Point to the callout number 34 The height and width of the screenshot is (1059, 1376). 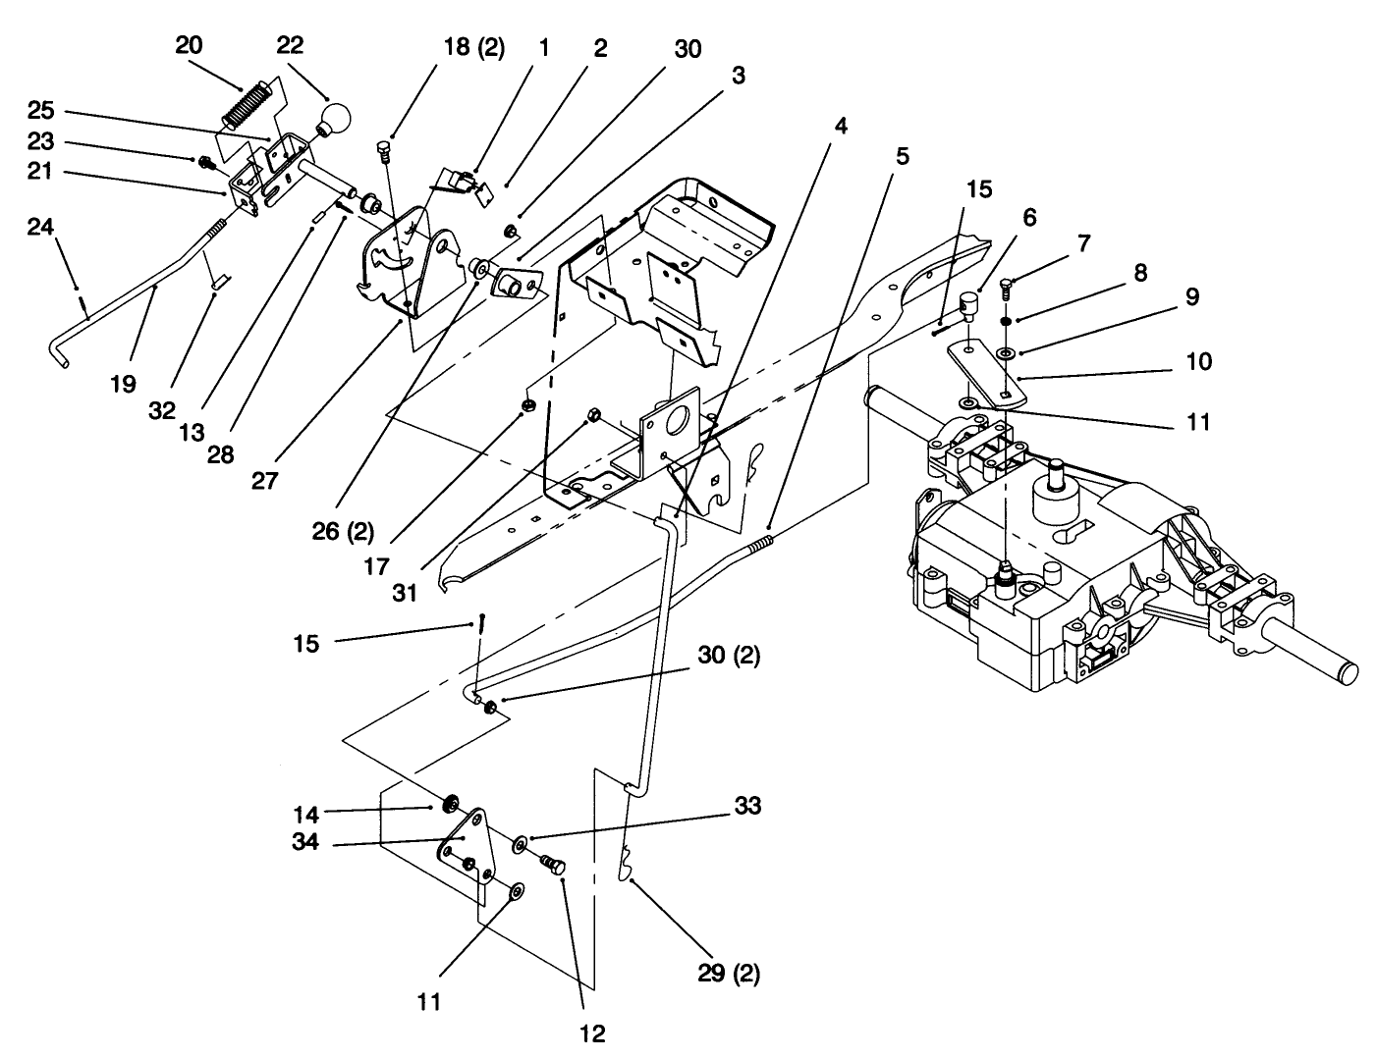pyautogui.click(x=305, y=841)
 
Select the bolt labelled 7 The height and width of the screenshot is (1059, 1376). pyautogui.click(x=1005, y=287)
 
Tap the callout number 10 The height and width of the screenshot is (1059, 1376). pyautogui.click(x=1198, y=361)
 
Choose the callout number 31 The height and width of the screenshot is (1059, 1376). pyautogui.click(x=404, y=593)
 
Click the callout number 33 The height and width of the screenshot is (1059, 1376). pyautogui.click(x=746, y=806)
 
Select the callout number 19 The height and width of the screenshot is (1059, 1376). pyautogui.click(x=123, y=385)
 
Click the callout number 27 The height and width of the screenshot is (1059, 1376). pyautogui.click(x=265, y=481)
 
